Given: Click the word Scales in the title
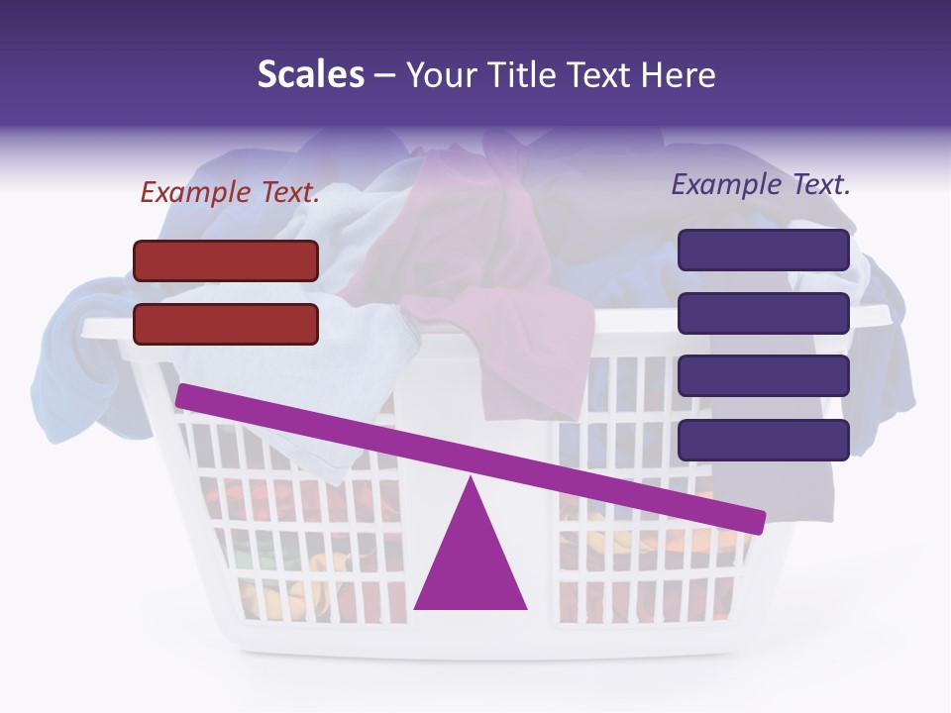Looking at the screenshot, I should (x=310, y=75).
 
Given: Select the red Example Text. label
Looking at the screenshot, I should (x=230, y=193).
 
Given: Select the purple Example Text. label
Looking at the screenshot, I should (x=761, y=184).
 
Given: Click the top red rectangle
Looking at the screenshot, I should (x=226, y=260).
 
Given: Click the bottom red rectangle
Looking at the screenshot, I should (x=226, y=324).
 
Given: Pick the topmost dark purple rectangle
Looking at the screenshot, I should (x=763, y=250).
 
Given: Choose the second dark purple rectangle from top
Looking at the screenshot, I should (x=763, y=313).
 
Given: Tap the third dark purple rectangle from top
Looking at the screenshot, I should (x=763, y=376).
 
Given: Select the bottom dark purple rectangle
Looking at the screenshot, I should (x=763, y=440).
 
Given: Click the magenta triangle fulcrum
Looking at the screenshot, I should (x=471, y=560).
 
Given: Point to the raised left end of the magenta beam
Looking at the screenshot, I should (x=184, y=396).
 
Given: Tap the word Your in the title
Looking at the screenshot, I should (x=442, y=75).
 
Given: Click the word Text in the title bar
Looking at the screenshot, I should (x=598, y=75).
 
